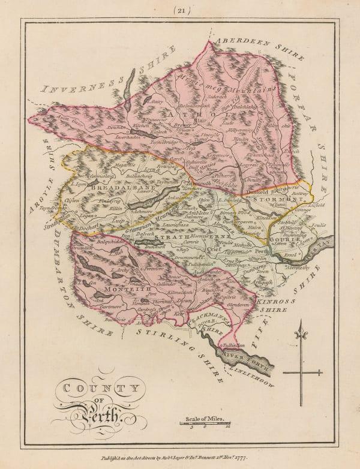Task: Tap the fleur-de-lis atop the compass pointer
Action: point(302,329)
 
